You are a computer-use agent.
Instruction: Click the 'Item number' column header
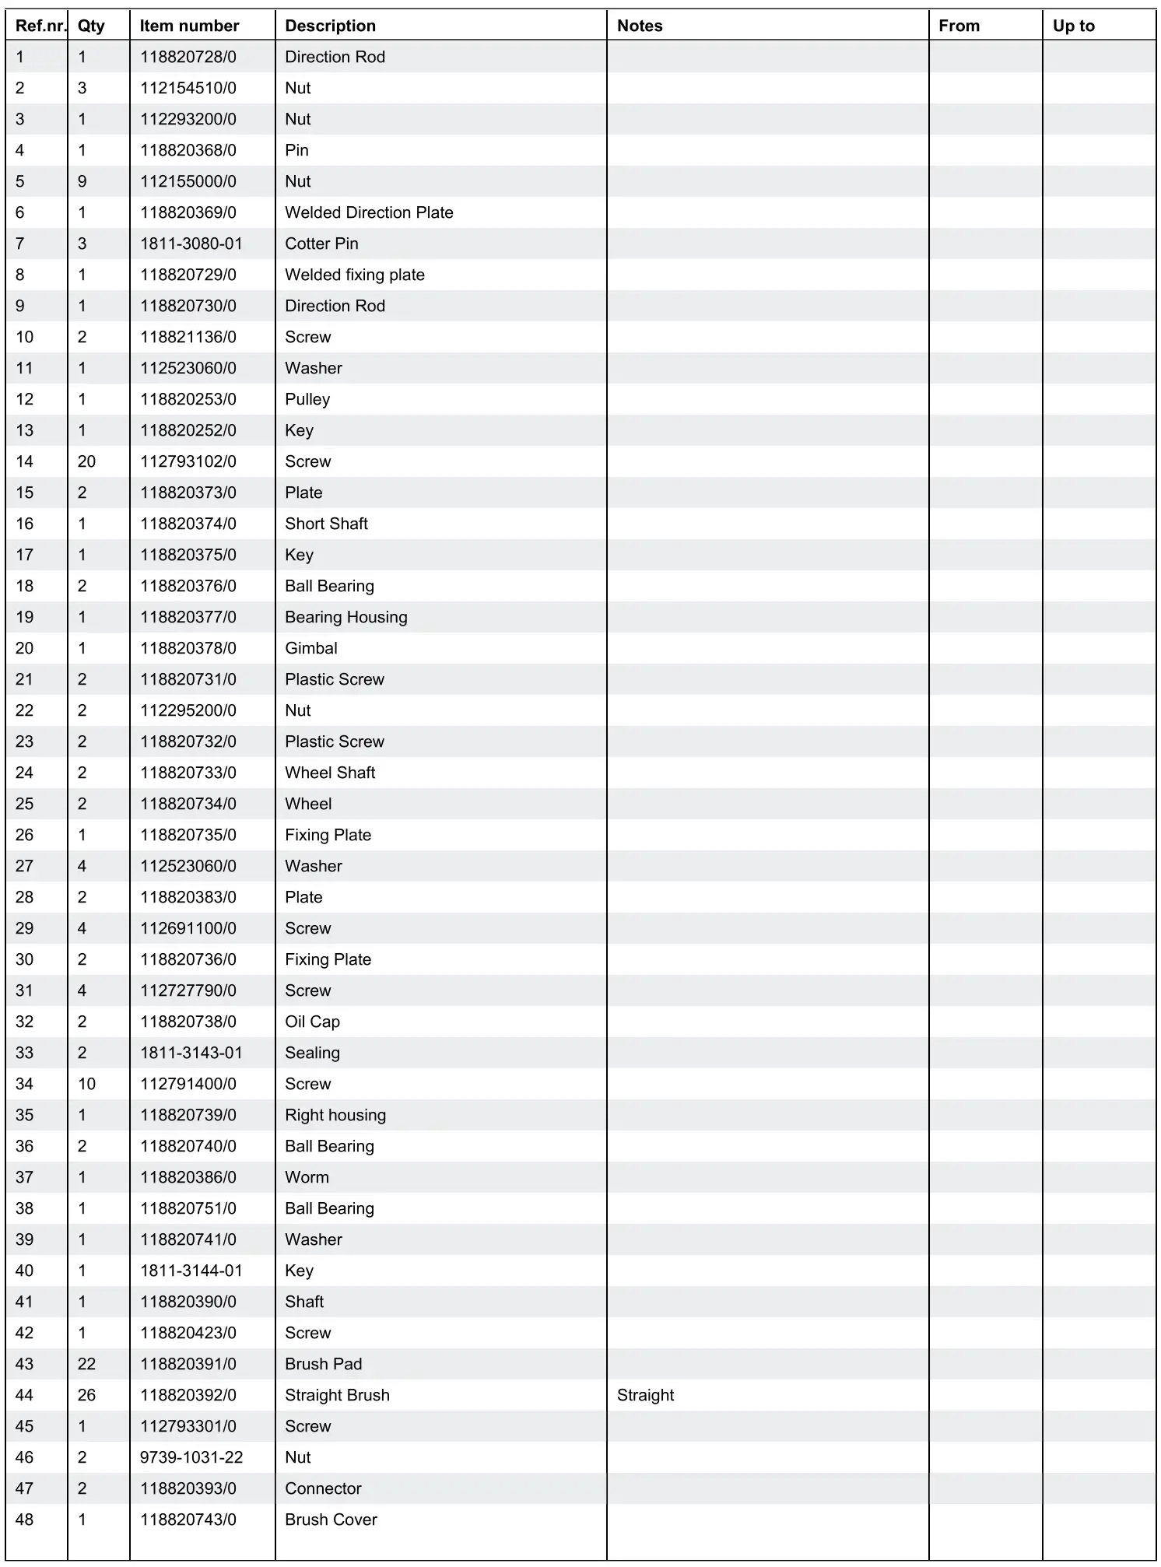coord(189,26)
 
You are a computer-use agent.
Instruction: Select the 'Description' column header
coord(330,26)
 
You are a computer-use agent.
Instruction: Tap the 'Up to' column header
coord(1073,26)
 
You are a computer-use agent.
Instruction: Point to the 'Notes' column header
coord(640,26)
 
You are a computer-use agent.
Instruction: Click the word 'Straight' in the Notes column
coord(645,1395)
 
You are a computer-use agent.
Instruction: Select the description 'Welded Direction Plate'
coord(369,212)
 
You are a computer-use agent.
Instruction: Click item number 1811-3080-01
coord(191,244)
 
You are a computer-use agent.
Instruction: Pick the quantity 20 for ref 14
coord(86,461)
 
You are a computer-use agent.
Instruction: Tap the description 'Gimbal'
coord(311,648)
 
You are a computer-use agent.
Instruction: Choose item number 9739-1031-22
coord(191,1457)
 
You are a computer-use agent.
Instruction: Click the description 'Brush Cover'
coord(331,1520)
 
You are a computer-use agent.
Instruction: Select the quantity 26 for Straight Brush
coord(86,1395)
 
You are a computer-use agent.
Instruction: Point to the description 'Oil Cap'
coord(312,1022)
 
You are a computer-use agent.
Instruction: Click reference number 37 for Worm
coord(24,1177)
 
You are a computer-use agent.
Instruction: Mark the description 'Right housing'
coord(335,1115)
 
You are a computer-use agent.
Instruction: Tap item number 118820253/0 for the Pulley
coord(188,399)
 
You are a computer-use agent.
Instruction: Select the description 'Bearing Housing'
coord(346,617)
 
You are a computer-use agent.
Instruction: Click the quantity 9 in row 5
coord(82,181)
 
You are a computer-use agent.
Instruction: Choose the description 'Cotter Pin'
coord(321,244)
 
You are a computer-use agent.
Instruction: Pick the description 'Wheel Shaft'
coord(330,773)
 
